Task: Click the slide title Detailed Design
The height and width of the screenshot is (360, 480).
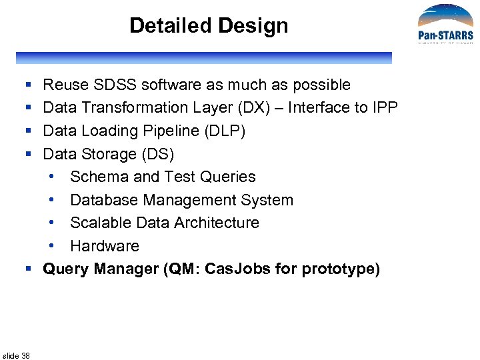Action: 209,26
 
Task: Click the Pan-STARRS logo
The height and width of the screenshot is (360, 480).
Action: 445,25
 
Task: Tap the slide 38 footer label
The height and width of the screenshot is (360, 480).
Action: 17,355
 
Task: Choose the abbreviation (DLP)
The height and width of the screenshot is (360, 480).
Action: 224,131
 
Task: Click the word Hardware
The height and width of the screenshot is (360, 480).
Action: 105,246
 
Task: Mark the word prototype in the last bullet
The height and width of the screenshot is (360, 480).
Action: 340,269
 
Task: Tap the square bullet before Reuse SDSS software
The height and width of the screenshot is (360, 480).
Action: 29,85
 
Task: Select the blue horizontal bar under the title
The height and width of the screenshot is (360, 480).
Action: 204,58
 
